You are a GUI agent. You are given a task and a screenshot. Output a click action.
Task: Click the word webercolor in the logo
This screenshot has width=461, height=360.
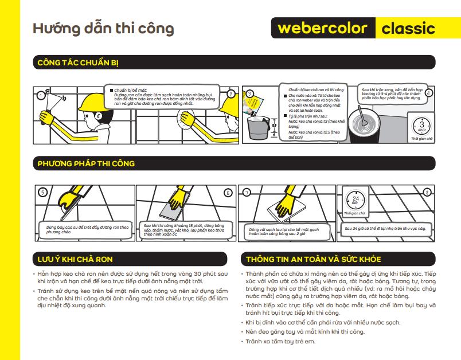coord(324,29)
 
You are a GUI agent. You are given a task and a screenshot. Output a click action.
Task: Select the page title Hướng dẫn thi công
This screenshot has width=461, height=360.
coord(103,28)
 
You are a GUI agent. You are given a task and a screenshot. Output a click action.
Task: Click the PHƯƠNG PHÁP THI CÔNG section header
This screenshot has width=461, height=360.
coord(86,163)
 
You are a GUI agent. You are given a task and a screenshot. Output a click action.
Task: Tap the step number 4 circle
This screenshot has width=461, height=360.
coord(428,92)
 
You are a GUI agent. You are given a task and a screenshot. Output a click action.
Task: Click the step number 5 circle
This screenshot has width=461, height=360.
coord(41,192)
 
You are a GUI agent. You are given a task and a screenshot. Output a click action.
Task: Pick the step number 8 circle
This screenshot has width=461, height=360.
coord(426,192)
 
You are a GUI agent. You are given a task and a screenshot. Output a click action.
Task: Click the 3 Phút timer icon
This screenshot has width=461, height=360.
coord(421,125)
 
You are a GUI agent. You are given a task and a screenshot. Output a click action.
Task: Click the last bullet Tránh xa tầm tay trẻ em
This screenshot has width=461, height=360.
coord(280,342)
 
